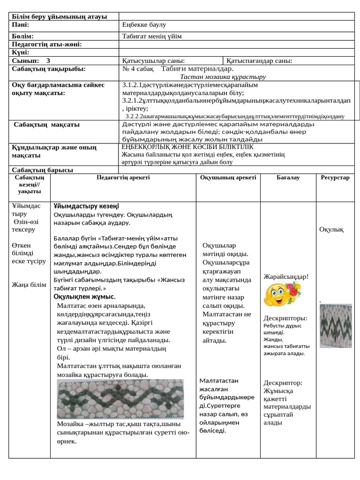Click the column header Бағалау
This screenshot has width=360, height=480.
288,178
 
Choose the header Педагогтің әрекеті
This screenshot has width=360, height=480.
123,177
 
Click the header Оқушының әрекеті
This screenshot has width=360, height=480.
228,178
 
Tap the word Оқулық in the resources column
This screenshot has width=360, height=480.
331,229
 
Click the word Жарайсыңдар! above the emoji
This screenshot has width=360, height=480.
286,276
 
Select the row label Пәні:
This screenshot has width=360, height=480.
21,24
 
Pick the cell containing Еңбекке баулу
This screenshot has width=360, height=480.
144,24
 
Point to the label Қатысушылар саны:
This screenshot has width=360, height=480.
153,60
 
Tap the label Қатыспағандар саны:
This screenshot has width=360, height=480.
259,60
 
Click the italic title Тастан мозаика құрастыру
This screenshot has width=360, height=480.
223,77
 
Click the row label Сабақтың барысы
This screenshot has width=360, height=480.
43,170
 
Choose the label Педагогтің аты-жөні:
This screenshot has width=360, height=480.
47,45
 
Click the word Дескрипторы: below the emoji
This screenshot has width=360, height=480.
285,318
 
